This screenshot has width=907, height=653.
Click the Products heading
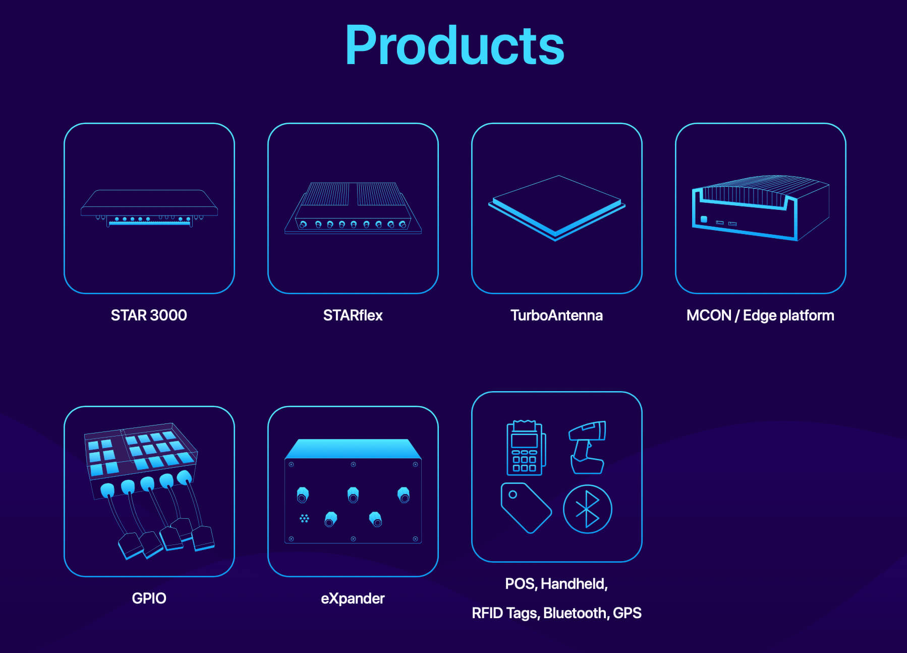point(454,45)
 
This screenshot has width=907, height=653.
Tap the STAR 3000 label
point(149,315)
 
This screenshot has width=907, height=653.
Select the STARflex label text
point(353,315)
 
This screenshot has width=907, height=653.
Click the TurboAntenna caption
point(556,315)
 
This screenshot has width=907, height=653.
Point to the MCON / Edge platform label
point(760,315)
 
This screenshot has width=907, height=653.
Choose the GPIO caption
point(149,598)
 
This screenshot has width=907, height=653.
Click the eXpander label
point(353,598)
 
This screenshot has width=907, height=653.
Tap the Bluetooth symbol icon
point(587,509)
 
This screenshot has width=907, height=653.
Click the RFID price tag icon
point(525,507)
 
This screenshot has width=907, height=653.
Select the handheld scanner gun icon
point(587,447)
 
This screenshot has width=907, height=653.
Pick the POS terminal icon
point(525,448)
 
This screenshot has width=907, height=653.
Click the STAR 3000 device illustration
point(149,208)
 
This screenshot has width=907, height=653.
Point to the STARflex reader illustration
point(353,208)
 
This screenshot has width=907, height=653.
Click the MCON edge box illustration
point(760,208)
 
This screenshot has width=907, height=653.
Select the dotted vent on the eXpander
point(304,518)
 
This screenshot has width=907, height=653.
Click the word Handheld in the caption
point(574,584)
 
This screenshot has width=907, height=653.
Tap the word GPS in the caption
point(627,613)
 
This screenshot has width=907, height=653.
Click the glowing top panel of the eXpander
point(353,449)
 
